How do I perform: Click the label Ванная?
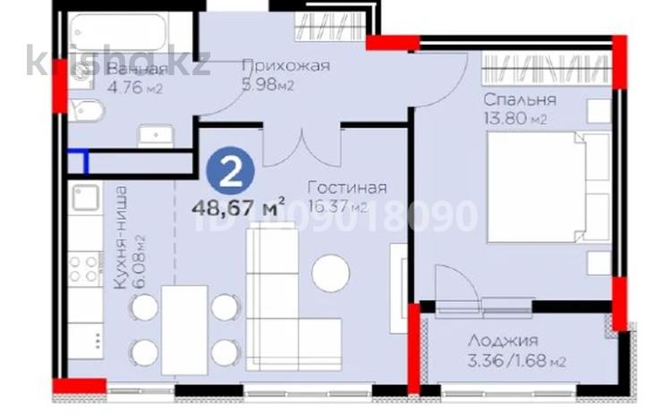(x=136, y=71)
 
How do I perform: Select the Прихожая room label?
(x=286, y=65)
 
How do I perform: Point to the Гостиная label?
(x=346, y=188)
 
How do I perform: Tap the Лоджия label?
(x=504, y=340)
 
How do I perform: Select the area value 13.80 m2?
(x=514, y=119)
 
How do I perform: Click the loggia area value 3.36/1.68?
(x=516, y=361)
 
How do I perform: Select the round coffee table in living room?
(x=330, y=273)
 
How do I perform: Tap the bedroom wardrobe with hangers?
(x=547, y=66)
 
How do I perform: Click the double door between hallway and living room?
(x=303, y=143)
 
